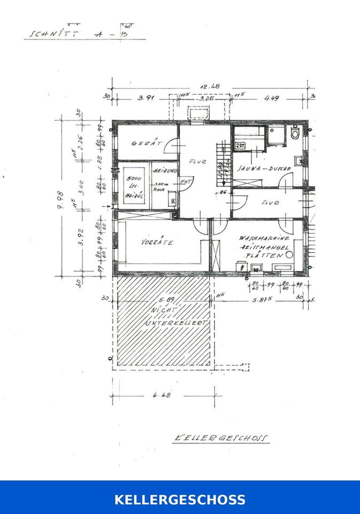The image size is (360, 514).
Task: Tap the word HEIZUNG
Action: (164, 170)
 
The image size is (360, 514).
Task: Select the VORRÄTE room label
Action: (157, 242)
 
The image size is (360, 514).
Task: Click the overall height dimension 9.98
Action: (65, 198)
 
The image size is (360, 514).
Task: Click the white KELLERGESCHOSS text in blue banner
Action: (180, 500)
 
